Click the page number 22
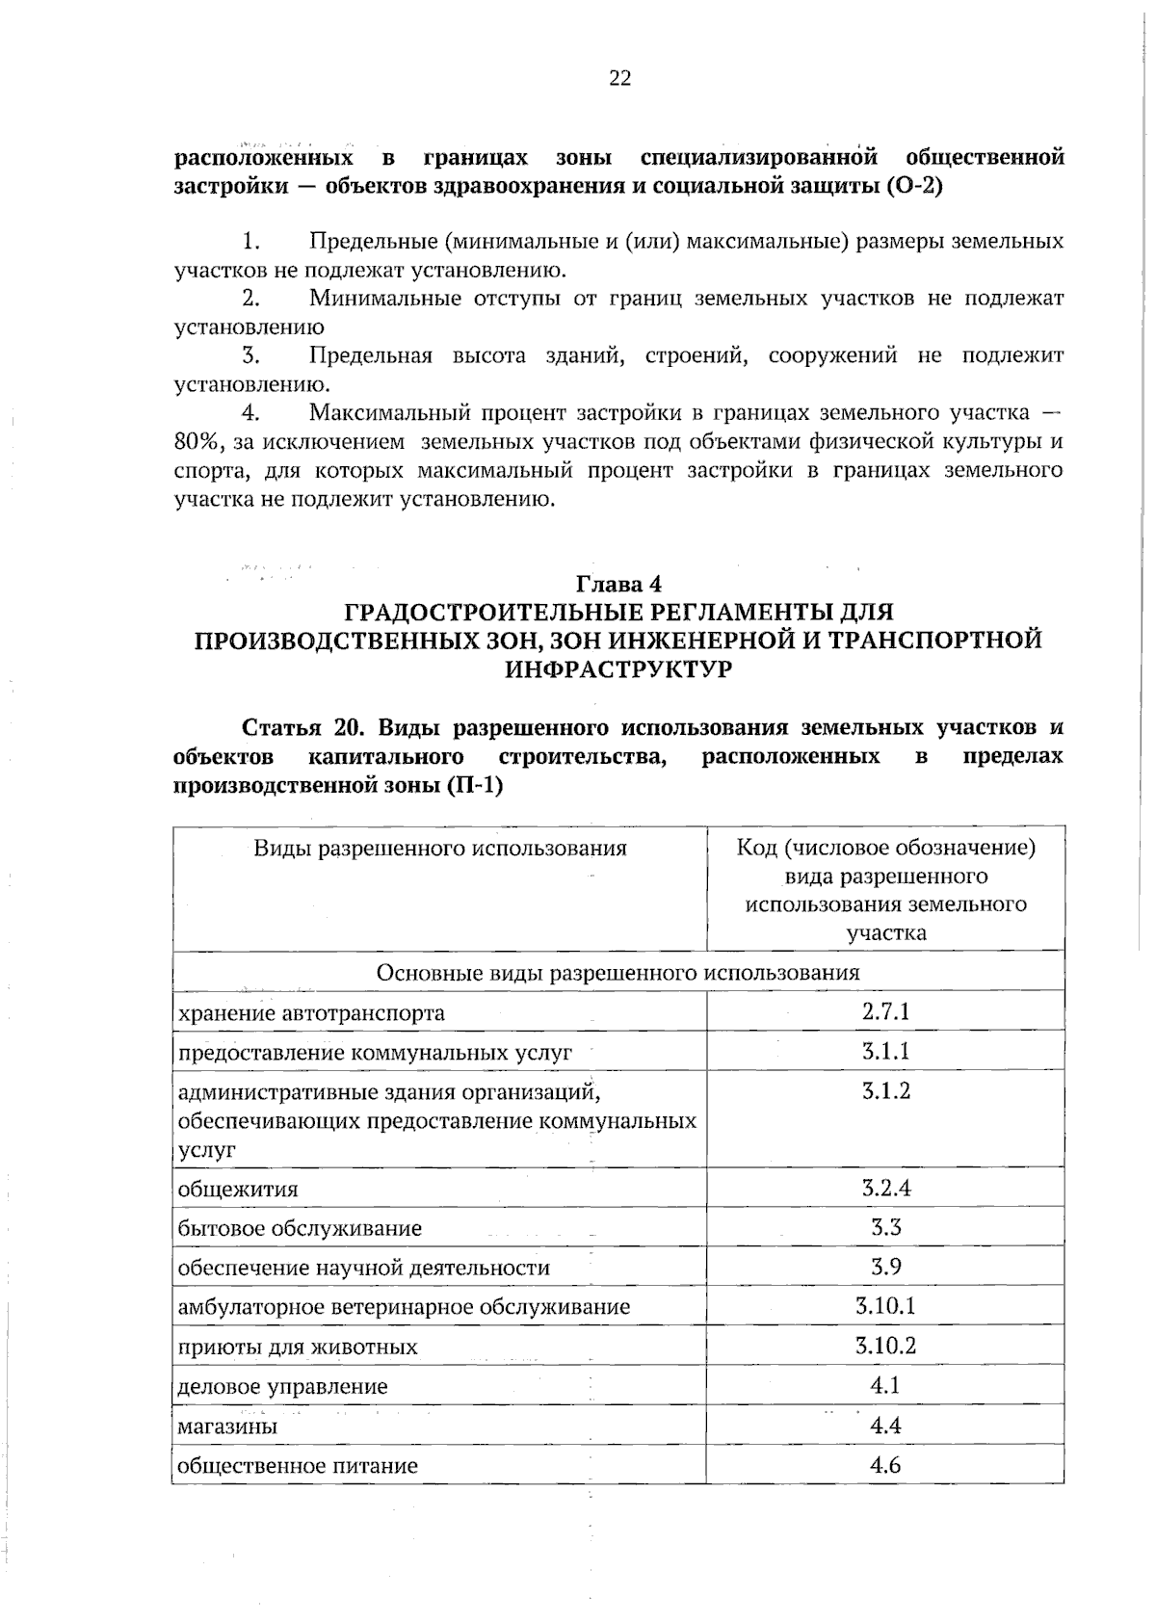pos(619,79)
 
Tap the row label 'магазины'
pos(228,1427)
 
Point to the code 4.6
pos(885,1465)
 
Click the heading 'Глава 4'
pos(618,584)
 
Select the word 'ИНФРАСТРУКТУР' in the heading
pos(618,669)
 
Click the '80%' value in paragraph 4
pos(198,443)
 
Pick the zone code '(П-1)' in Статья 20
pos(473,785)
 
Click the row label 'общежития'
pos(238,1189)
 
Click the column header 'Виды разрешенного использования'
pos(439,849)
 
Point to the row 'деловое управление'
pos(283,1387)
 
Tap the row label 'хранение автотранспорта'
pos(311,1013)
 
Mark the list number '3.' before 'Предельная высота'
pos(251,356)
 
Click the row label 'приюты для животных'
pos(298,1348)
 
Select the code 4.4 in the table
pos(885,1426)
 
